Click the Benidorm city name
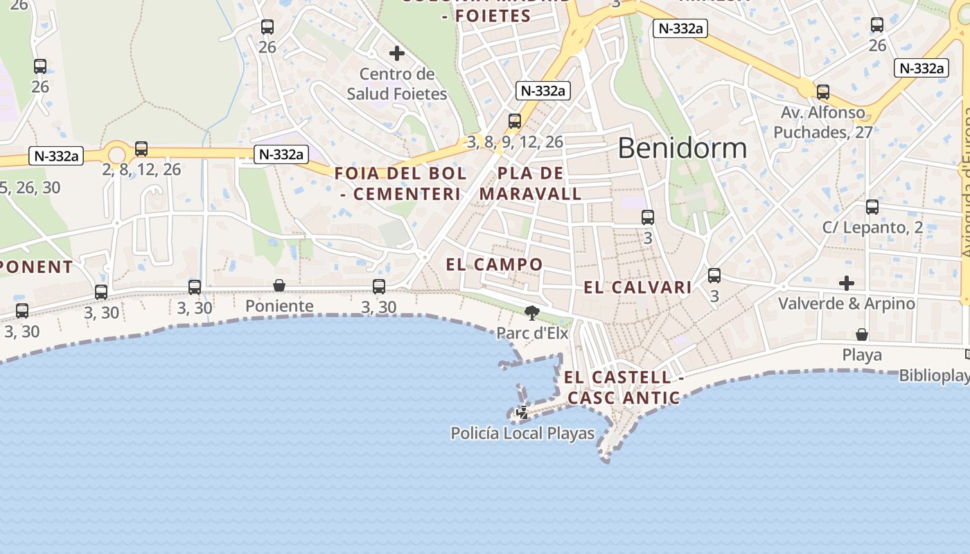(x=682, y=148)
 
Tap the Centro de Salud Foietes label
(x=397, y=84)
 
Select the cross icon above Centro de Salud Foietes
(x=397, y=53)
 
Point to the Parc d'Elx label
(x=532, y=333)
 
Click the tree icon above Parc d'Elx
(x=532, y=313)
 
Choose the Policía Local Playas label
(x=522, y=434)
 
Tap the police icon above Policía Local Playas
(x=522, y=413)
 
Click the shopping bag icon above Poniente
(x=279, y=285)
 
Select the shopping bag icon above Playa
(x=862, y=335)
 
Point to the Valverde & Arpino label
(x=846, y=303)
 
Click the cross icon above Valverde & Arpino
(x=846, y=283)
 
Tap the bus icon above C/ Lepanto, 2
(x=872, y=207)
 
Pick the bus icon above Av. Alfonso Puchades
(x=823, y=91)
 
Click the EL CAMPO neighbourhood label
(x=494, y=265)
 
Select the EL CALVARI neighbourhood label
(x=637, y=287)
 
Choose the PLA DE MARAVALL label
(x=530, y=184)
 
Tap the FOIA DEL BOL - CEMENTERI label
(x=400, y=184)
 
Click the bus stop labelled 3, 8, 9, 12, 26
(x=515, y=121)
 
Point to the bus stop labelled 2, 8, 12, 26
(x=141, y=149)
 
